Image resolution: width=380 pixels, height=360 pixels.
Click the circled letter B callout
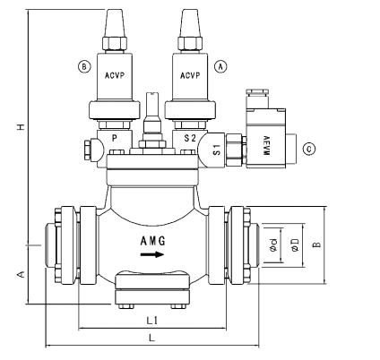tap(84, 66)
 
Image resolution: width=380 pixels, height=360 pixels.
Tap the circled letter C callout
tap(310, 149)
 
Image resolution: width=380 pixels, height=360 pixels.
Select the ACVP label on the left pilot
tap(116, 76)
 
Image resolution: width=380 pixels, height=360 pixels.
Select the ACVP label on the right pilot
tap(190, 76)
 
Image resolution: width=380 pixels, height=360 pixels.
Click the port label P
tap(114, 139)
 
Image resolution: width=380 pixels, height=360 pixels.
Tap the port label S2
tap(190, 139)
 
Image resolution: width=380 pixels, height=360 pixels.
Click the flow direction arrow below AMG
tap(152, 254)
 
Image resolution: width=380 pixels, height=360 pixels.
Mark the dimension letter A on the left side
tap(20, 275)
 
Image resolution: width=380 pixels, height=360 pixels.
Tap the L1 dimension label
tap(151, 320)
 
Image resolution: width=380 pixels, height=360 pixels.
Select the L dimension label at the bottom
tap(151, 338)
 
